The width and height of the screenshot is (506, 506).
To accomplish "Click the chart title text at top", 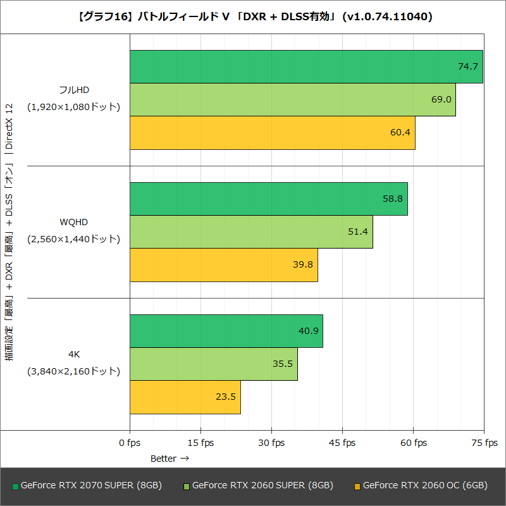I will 253,17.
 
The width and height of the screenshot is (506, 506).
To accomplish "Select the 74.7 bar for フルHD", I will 306,66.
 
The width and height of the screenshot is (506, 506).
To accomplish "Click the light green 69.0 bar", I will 292,99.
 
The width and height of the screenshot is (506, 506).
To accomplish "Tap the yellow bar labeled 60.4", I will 272,132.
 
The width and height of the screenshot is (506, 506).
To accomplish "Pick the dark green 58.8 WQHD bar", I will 268,199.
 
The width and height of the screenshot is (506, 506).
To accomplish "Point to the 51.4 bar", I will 251,231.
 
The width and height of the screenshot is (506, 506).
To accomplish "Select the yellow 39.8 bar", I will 223,264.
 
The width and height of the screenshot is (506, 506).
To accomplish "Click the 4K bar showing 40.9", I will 226,331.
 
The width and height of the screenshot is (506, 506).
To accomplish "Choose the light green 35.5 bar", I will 213,364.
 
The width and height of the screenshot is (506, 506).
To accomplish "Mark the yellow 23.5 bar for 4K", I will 185,397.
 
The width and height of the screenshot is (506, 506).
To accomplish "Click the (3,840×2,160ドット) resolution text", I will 73,371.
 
